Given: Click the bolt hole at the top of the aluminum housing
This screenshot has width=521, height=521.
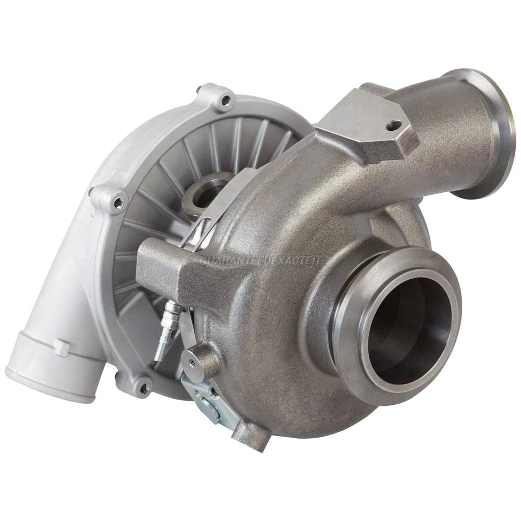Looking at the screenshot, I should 226,98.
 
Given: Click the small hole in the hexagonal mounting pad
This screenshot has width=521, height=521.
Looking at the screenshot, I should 394,125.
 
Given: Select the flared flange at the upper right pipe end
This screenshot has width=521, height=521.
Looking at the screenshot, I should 487,133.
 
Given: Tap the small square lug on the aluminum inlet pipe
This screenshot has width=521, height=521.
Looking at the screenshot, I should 61,348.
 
